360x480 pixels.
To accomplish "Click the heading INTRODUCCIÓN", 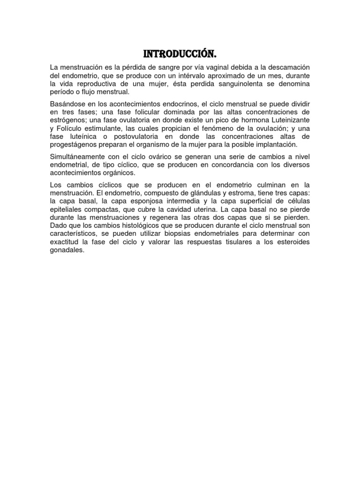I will pyautogui.click(x=180, y=55).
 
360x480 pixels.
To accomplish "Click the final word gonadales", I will pyautogui.click(x=67, y=250).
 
